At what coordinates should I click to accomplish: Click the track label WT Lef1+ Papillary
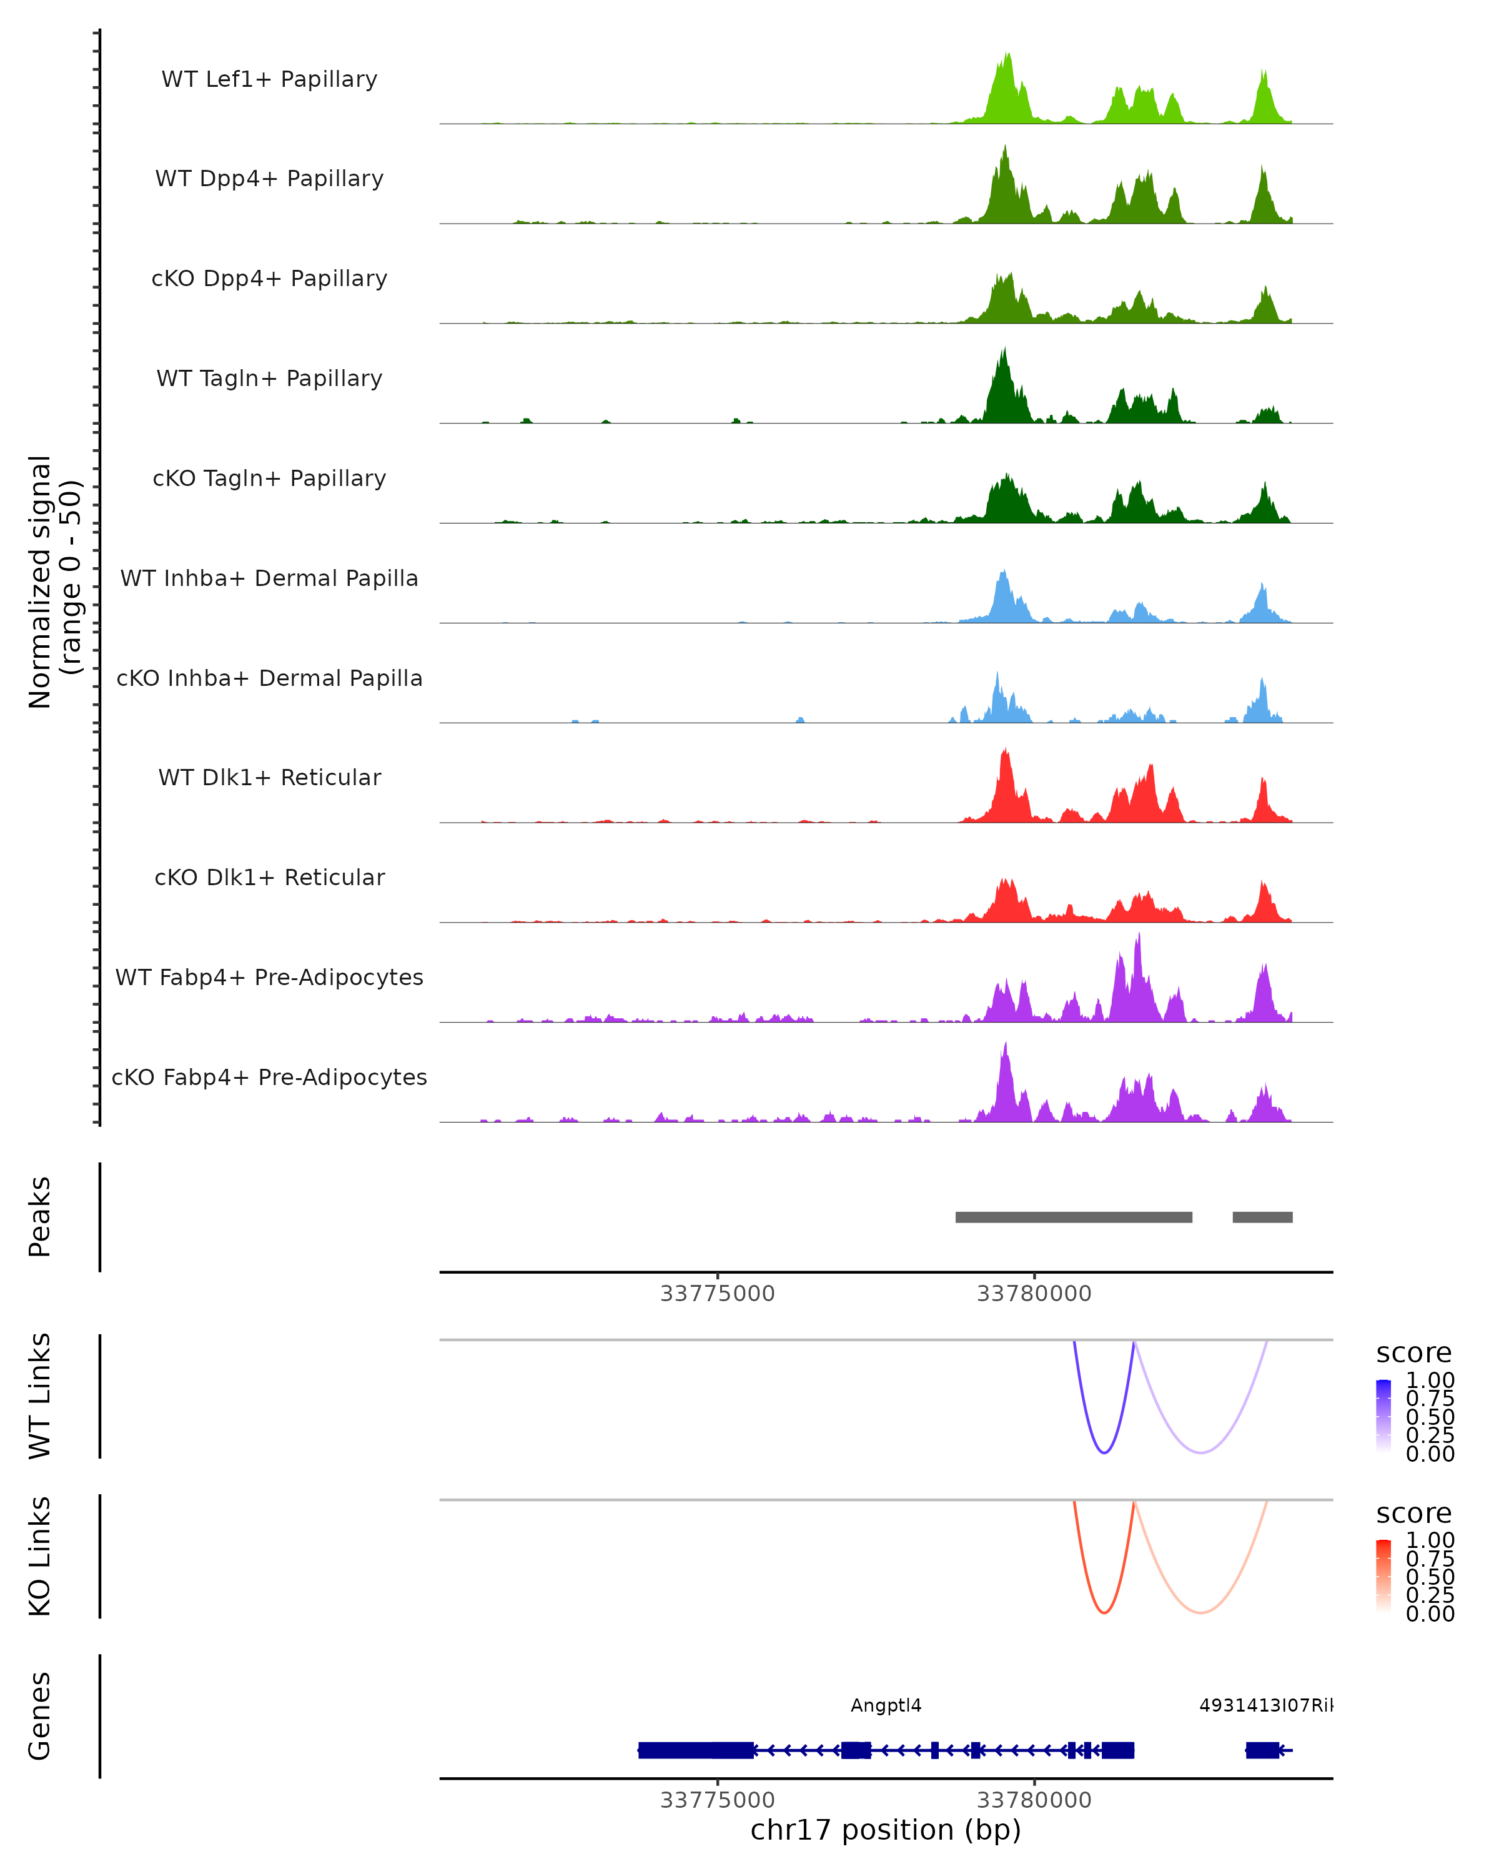pyautogui.click(x=269, y=79)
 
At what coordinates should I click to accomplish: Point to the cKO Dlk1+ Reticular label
pyautogui.click(x=269, y=877)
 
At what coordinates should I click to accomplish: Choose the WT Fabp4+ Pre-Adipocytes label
pyautogui.click(x=269, y=977)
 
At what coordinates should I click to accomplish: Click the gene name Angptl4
pyautogui.click(x=886, y=1705)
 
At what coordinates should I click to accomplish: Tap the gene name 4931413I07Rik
pyautogui.click(x=1265, y=1705)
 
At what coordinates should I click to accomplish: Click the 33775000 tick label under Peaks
pyautogui.click(x=717, y=1294)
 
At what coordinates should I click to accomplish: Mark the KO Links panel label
pyautogui.click(x=40, y=1556)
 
